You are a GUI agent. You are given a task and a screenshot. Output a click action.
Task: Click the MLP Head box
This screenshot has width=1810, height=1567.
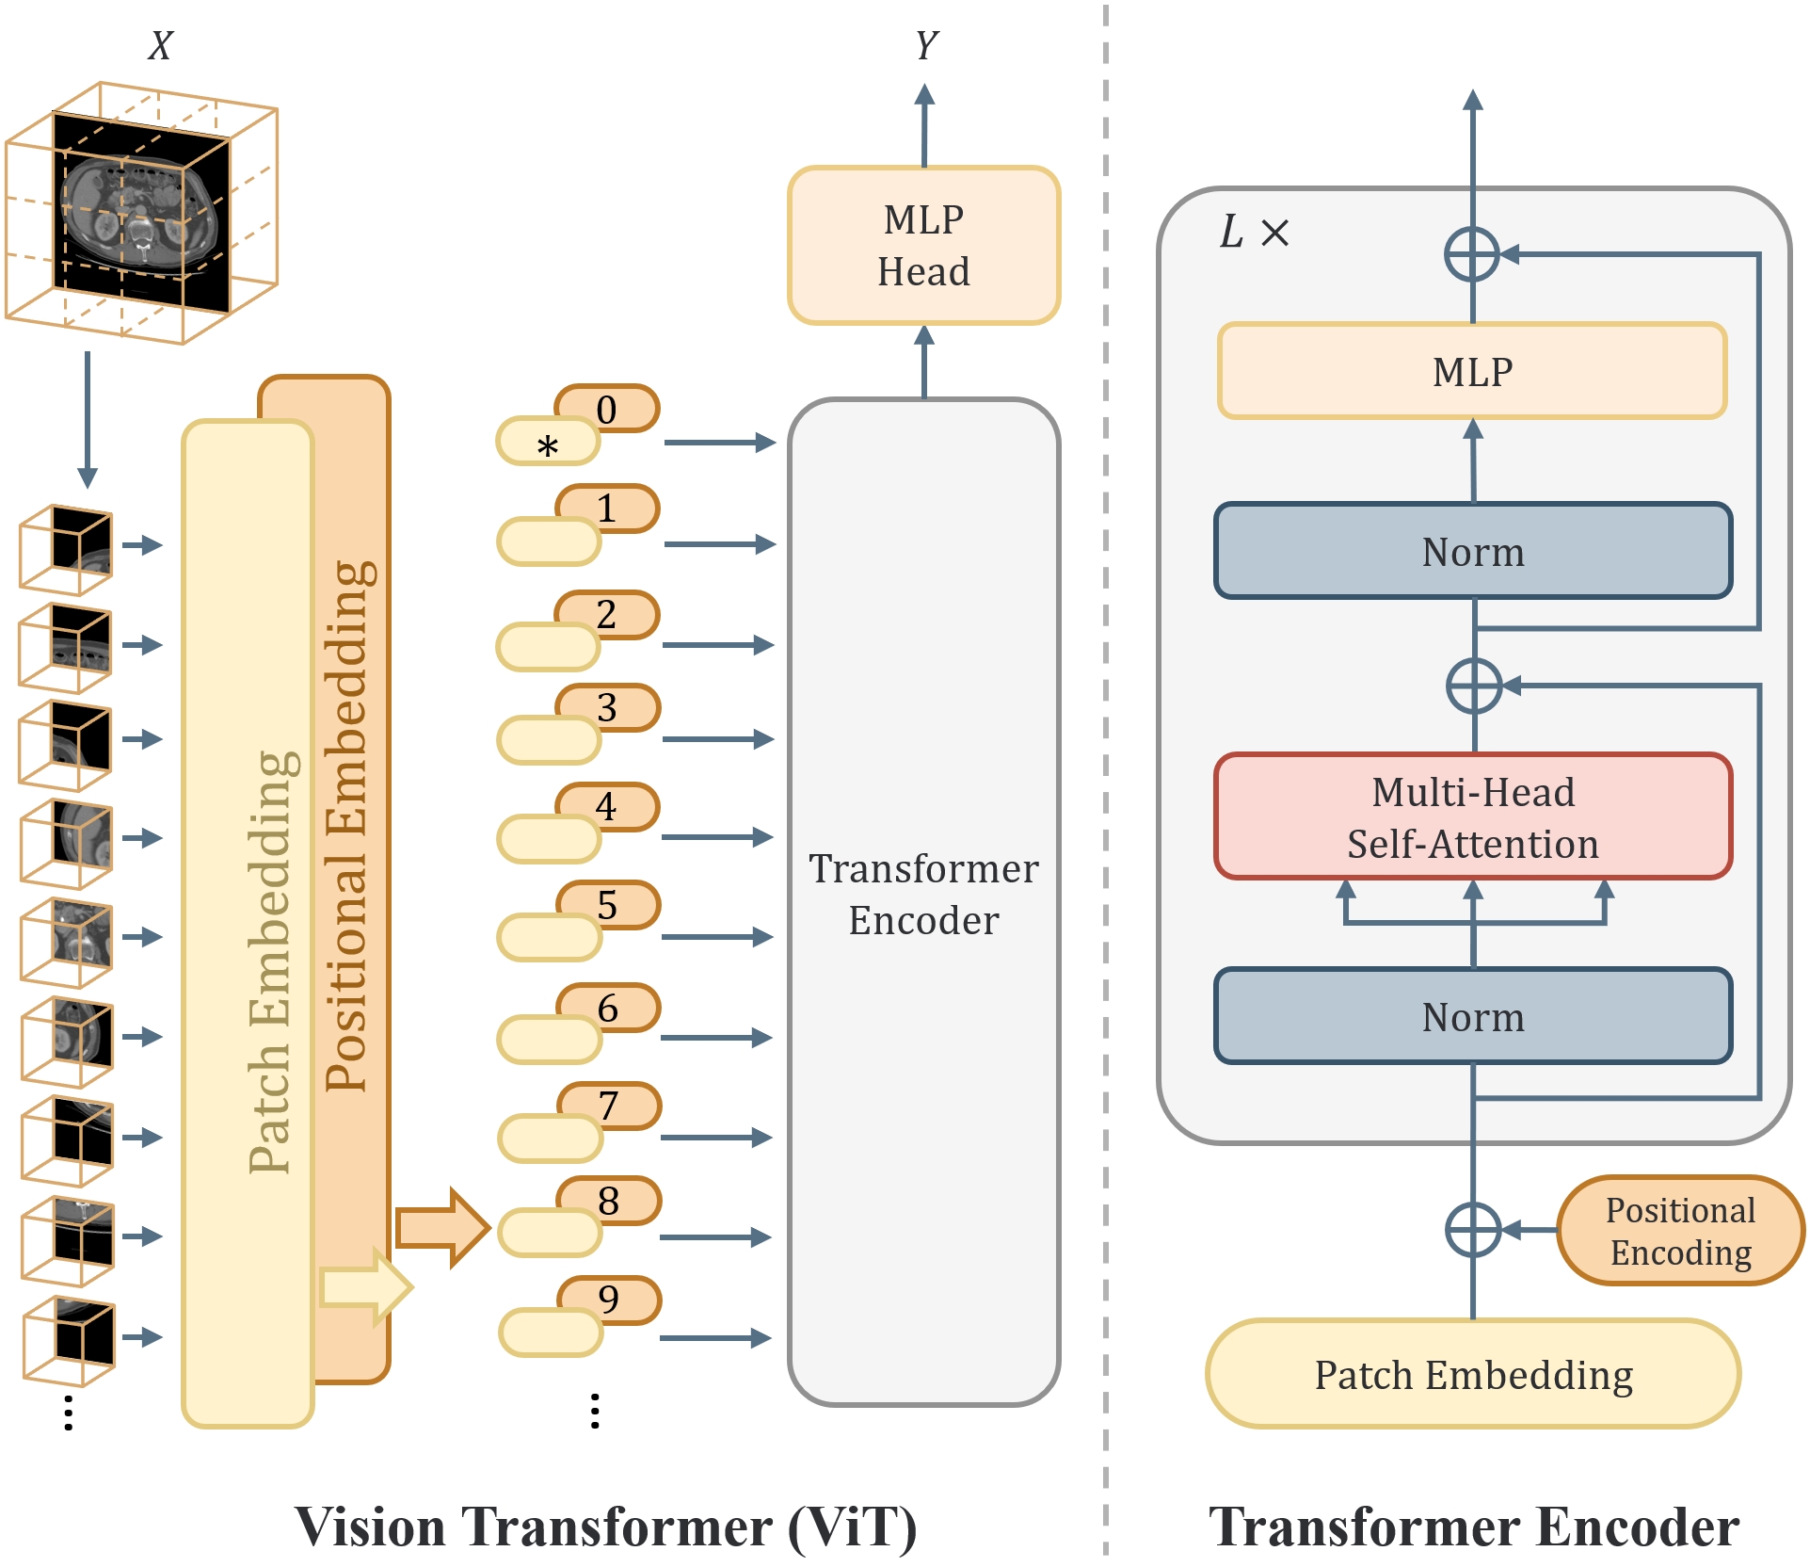pos(923,246)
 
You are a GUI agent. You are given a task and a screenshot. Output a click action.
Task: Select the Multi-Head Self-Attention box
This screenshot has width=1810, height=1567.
pos(1473,816)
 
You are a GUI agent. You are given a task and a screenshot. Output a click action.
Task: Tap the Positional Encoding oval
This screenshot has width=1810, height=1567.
pos(1680,1230)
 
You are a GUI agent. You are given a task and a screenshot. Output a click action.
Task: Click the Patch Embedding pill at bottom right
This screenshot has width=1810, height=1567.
pos(1473,1374)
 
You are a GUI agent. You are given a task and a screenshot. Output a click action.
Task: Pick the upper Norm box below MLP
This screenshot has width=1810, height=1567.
pos(1473,551)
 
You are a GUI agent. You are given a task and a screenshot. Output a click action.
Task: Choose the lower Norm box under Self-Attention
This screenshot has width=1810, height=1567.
pos(1473,1016)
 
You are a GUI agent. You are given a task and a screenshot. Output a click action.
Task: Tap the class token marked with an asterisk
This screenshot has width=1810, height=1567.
pos(548,443)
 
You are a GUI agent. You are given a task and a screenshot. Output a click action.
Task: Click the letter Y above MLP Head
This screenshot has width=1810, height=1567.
pos(926,45)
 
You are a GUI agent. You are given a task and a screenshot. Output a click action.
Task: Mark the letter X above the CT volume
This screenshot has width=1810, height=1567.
pos(161,45)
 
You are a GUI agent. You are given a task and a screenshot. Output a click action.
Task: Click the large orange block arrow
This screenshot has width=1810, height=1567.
pos(441,1227)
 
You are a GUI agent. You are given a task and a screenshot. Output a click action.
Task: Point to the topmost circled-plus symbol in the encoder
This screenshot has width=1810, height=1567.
pos(1472,254)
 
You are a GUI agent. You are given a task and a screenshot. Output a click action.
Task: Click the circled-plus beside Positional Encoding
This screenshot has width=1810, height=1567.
pos(1472,1229)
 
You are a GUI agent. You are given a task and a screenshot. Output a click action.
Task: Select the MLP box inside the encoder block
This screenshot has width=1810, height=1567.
pos(1472,371)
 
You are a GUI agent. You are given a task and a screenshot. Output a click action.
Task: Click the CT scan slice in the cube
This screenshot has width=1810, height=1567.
pos(141,212)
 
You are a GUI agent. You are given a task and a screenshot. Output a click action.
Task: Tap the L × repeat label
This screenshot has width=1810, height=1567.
pos(1254,232)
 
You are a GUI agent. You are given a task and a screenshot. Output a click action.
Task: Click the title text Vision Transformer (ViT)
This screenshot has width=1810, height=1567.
pos(605,1527)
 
